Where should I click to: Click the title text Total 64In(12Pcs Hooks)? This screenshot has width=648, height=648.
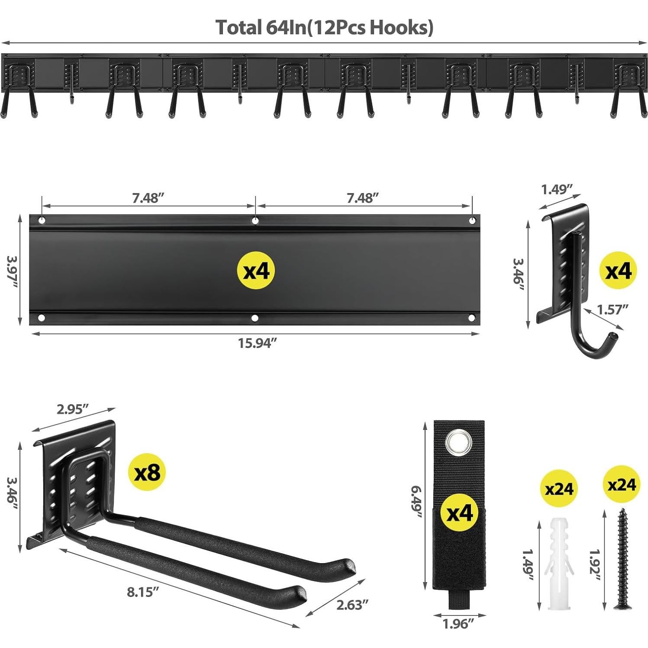324,27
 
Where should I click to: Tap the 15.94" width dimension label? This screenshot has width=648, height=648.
257,343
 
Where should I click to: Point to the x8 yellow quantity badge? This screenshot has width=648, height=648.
147,472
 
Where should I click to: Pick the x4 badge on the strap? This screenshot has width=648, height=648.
458,514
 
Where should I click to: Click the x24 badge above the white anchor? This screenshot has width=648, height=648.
559,489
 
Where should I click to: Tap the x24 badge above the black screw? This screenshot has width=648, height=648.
621,484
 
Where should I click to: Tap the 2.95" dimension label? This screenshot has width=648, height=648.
73,409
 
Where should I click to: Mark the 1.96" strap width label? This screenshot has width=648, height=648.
458,624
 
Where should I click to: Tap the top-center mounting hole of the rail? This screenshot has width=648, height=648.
255,221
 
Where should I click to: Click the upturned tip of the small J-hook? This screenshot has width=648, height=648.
614,335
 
